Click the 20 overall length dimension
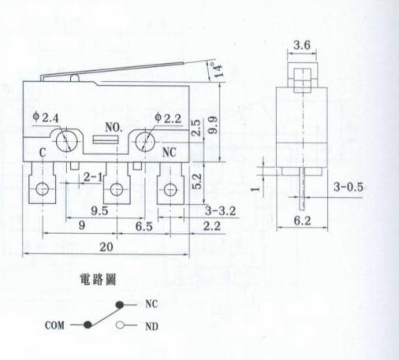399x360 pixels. tap(106, 246)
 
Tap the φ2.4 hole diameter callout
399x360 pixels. tap(46, 118)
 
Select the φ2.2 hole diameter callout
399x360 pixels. tap(168, 118)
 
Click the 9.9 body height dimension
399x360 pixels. tap(213, 125)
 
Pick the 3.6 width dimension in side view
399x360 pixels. tap(302, 45)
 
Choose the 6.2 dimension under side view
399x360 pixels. tap(302, 221)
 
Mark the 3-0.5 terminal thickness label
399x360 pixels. tap(348, 187)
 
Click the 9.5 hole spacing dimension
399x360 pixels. tap(99, 210)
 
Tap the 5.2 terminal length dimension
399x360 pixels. tap(196, 182)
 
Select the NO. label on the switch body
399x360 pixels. tap(114, 127)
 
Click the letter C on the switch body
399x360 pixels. tap(43, 153)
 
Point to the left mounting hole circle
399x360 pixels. tap(67, 141)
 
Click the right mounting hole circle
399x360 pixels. tap(145, 142)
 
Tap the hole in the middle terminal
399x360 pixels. tap(116, 189)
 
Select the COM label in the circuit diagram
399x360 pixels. tap(55, 325)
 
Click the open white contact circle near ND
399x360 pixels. tap(120, 325)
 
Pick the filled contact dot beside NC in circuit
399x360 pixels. tap(119, 305)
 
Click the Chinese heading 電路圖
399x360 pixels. tap(97, 280)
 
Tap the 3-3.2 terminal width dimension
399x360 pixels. tap(221, 210)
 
